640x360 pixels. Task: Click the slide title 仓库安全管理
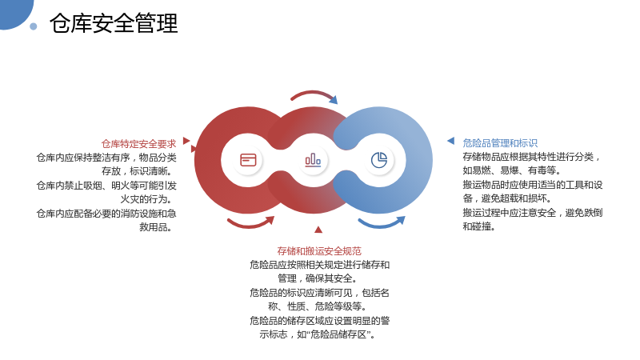coord(114,23)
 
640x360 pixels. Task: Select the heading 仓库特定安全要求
coord(138,144)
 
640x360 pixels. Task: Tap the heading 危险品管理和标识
coord(500,143)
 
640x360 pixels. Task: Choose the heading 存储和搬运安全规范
coord(319,250)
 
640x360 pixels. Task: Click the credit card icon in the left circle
coord(248,160)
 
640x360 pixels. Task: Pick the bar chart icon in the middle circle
coord(313,160)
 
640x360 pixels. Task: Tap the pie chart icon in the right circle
coord(379,160)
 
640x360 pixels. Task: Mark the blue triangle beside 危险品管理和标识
coord(451,141)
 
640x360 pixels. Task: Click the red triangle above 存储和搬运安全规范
coord(318,230)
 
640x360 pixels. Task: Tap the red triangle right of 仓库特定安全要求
coord(186,141)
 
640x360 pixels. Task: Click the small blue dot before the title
coord(34,26)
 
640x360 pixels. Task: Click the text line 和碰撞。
coord(478,226)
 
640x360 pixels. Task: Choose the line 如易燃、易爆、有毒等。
coord(512,170)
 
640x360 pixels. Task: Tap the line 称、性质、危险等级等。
coord(317,306)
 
